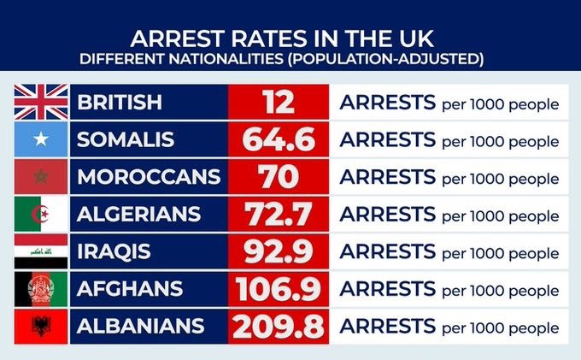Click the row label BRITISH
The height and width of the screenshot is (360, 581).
pyautogui.click(x=120, y=103)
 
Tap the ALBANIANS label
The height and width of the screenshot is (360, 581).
pyautogui.click(x=141, y=327)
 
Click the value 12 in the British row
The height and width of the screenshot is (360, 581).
pyautogui.click(x=278, y=103)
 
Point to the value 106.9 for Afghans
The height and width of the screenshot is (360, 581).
pyautogui.click(x=278, y=290)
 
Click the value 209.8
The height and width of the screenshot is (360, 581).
pyautogui.click(x=278, y=327)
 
